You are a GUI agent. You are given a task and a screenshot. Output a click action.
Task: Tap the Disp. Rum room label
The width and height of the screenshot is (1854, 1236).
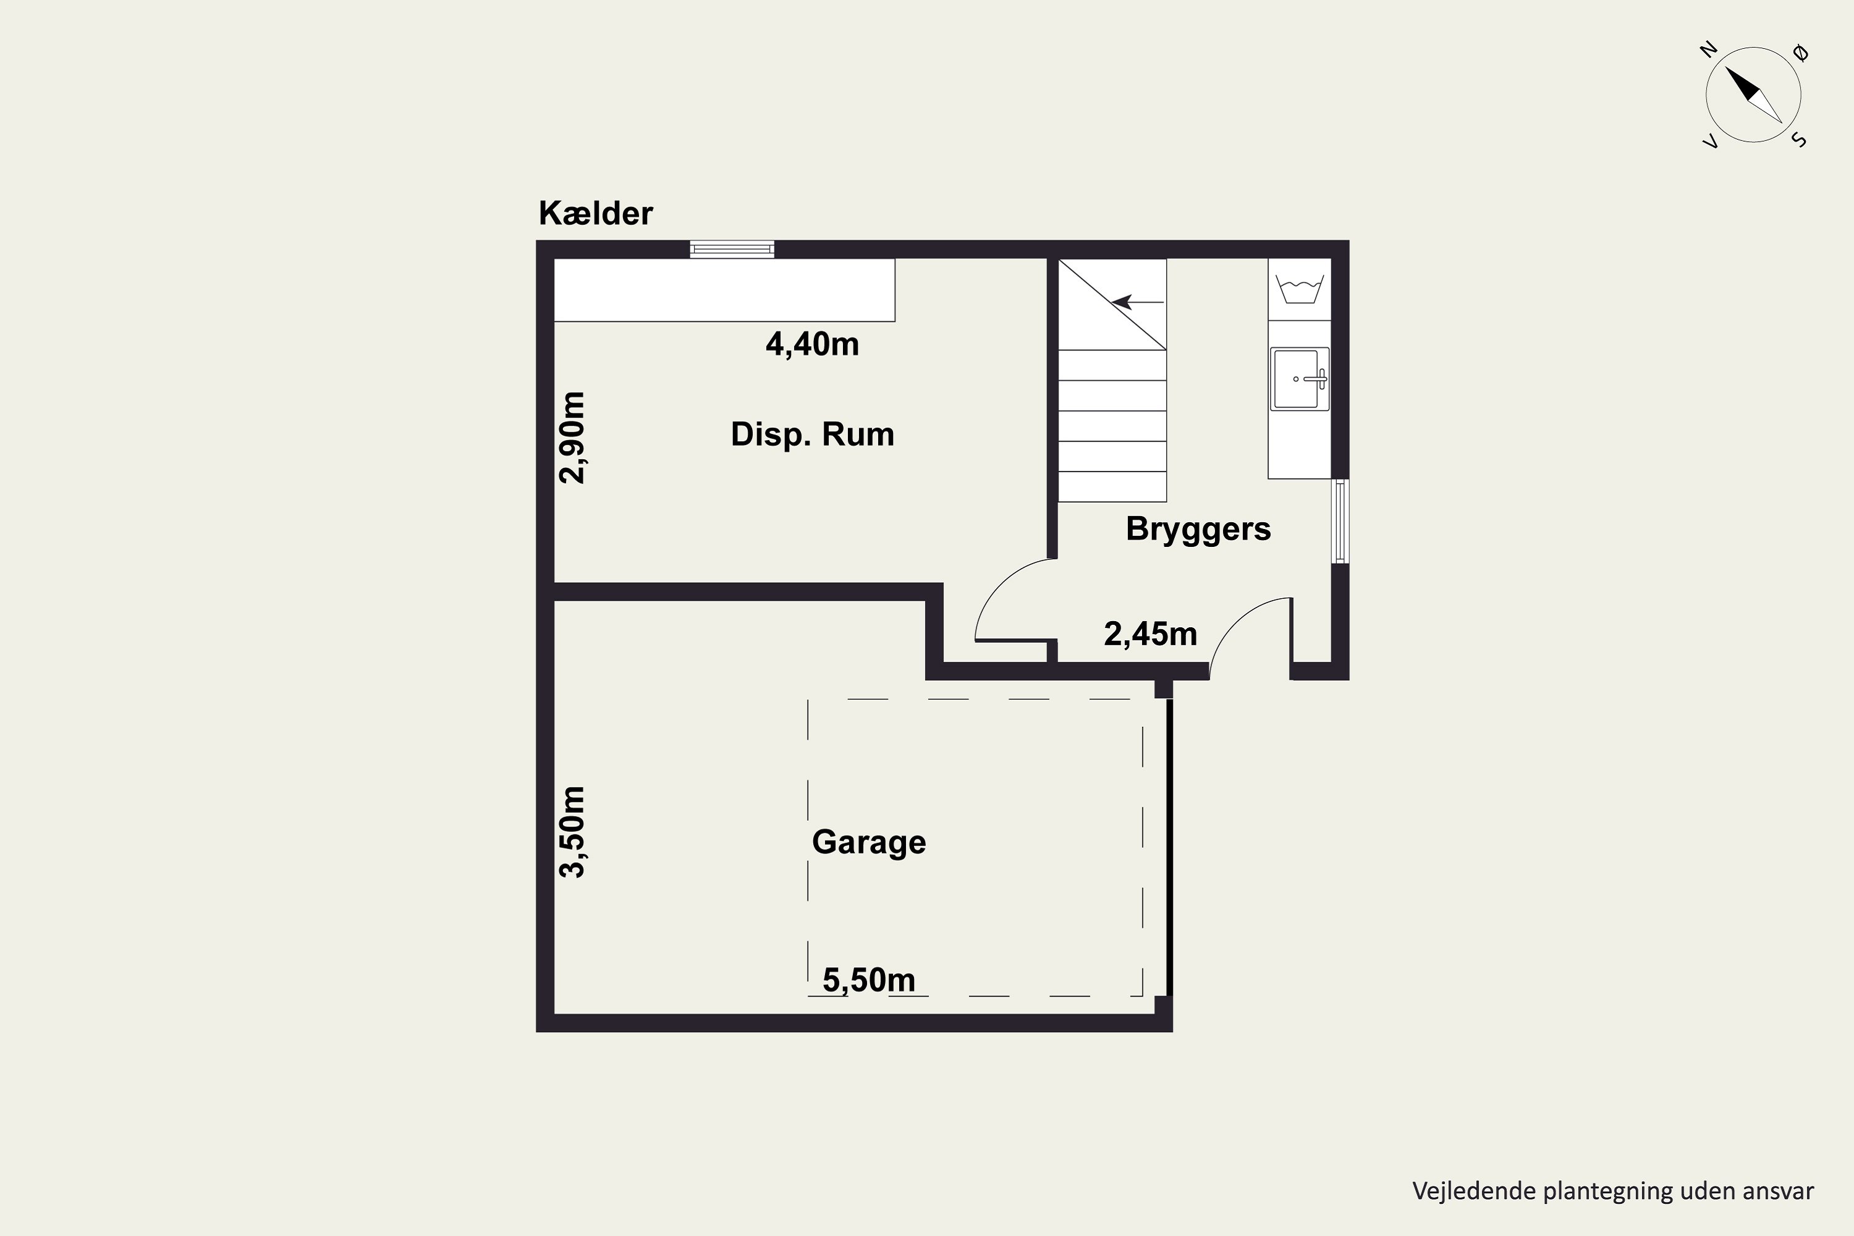813,435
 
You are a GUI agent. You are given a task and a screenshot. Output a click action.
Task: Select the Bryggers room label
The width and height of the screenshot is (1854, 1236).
1198,530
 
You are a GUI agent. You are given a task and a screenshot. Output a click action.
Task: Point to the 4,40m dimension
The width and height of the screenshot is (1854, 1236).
812,344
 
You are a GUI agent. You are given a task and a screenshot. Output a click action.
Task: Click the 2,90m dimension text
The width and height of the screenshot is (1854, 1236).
572,438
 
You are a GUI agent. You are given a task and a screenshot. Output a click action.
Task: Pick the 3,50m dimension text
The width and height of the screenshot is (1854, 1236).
572,832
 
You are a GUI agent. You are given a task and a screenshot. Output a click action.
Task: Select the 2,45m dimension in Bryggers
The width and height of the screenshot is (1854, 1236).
1150,634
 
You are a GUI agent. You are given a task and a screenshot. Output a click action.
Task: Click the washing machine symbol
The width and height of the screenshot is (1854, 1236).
1299,290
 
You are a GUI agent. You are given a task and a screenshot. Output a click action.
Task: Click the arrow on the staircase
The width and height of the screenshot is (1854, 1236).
1138,302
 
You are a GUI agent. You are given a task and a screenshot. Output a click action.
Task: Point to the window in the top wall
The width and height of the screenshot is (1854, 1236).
732,249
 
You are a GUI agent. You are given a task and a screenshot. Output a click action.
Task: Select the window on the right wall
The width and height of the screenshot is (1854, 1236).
1340,521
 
